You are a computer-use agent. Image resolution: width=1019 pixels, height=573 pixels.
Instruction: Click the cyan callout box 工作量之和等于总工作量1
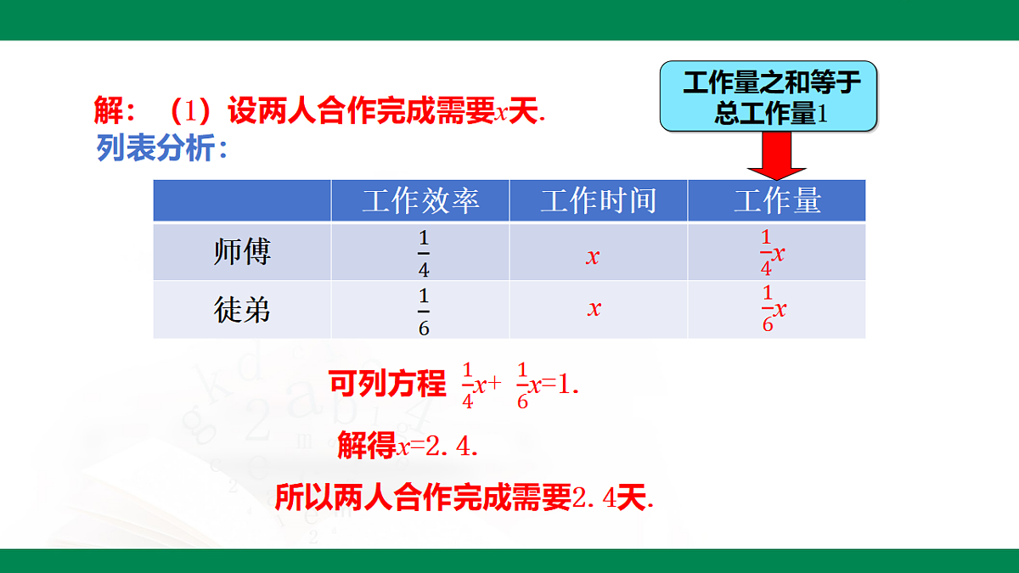[769, 98]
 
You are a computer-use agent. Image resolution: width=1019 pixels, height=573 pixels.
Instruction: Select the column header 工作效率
[420, 201]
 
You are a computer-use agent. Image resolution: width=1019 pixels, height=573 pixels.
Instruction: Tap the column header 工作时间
[599, 201]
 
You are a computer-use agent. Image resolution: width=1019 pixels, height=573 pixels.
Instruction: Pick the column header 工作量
[777, 201]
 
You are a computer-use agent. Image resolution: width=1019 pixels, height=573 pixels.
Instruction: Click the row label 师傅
[242, 252]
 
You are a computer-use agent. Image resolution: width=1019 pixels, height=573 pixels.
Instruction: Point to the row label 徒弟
[242, 310]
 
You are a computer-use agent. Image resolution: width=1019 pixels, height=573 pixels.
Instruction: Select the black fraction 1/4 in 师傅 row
[424, 253]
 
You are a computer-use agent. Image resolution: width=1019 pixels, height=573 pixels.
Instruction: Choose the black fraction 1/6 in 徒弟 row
[424, 312]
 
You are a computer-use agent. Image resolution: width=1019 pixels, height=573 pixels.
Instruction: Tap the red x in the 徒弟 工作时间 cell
[594, 308]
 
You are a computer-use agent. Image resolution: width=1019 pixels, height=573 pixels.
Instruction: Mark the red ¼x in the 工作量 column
[772, 253]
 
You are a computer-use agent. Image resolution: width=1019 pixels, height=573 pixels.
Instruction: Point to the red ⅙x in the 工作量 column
[773, 309]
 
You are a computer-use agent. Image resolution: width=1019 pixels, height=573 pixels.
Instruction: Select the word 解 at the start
[109, 111]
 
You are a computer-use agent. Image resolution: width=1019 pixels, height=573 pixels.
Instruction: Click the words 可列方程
[387, 385]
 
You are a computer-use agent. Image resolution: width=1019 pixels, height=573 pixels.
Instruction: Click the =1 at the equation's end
[557, 385]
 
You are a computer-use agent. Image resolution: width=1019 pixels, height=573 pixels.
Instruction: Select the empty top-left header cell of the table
[242, 201]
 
